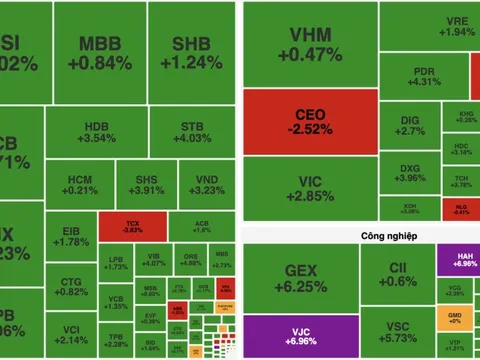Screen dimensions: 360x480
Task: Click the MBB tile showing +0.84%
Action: (x=106, y=53)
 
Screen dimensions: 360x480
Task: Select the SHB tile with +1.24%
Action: (x=190, y=53)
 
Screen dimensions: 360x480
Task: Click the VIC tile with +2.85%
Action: (x=309, y=187)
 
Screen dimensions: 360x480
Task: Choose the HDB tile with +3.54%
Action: (x=96, y=133)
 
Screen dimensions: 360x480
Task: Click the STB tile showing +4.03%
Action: (x=191, y=133)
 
